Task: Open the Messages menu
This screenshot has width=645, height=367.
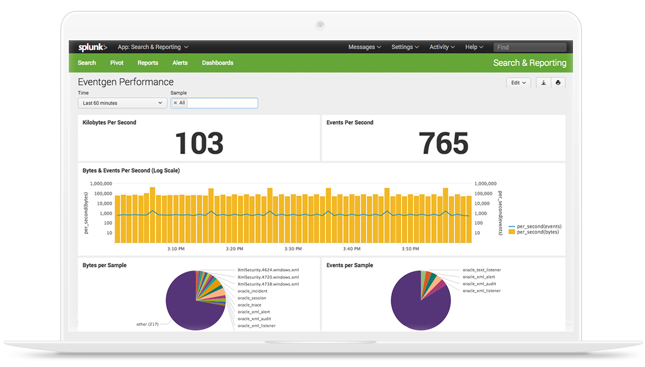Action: click(364, 47)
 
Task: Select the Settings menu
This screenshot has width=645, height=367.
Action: click(405, 47)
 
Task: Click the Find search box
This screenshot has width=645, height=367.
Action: click(530, 47)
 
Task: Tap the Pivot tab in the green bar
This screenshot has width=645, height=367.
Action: click(117, 63)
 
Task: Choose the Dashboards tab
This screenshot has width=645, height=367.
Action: click(218, 63)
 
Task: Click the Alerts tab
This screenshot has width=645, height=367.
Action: click(180, 63)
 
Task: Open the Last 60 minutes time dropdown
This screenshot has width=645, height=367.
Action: click(123, 103)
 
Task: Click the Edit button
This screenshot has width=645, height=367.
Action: click(519, 83)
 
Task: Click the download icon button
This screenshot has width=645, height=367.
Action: click(543, 83)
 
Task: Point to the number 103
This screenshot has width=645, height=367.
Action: click(199, 143)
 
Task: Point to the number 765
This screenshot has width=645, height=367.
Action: click(443, 143)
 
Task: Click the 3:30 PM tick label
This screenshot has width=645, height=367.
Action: click(293, 249)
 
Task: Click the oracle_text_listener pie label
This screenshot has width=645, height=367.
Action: click(482, 270)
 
